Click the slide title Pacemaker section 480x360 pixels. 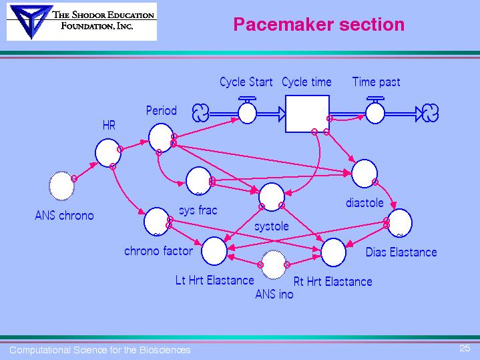[x=318, y=25]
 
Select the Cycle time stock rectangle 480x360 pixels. [x=307, y=114]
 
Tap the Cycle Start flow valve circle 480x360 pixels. [x=247, y=112]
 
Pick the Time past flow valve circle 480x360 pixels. [x=375, y=112]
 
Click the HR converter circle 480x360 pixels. [x=107, y=152]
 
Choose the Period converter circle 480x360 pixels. [x=160, y=138]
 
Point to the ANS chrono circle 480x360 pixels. [x=62, y=186]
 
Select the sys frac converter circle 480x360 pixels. [x=198, y=180]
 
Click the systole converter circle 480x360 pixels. [x=272, y=196]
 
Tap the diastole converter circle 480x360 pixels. [x=364, y=174]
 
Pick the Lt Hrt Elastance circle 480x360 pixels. [x=214, y=250]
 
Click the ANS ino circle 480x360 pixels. [x=274, y=265]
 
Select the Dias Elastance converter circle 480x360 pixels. [x=400, y=223]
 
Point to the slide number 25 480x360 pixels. [x=465, y=348]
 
